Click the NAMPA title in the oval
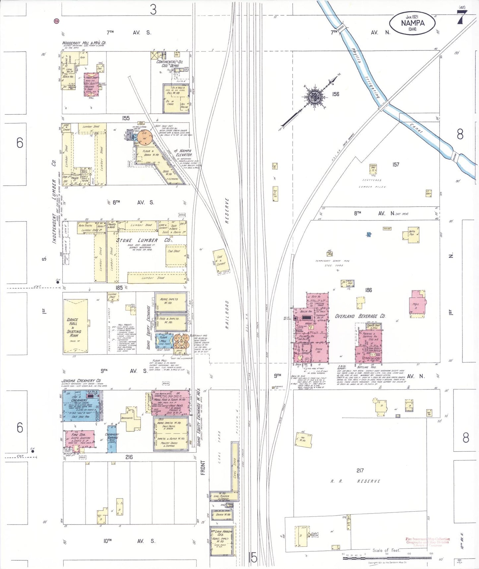click(412, 23)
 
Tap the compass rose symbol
click(313, 97)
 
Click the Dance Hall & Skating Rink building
click(76, 326)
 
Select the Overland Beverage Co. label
click(360, 316)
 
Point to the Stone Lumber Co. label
click(144, 240)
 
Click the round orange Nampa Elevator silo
click(145, 137)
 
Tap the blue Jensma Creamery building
click(81, 406)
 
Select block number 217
click(360, 470)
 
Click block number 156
click(335, 94)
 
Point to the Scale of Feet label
click(386, 550)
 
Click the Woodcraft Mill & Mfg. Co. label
click(84, 43)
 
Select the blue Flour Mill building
click(164, 341)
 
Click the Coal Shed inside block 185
click(176, 255)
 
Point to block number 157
click(395, 164)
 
